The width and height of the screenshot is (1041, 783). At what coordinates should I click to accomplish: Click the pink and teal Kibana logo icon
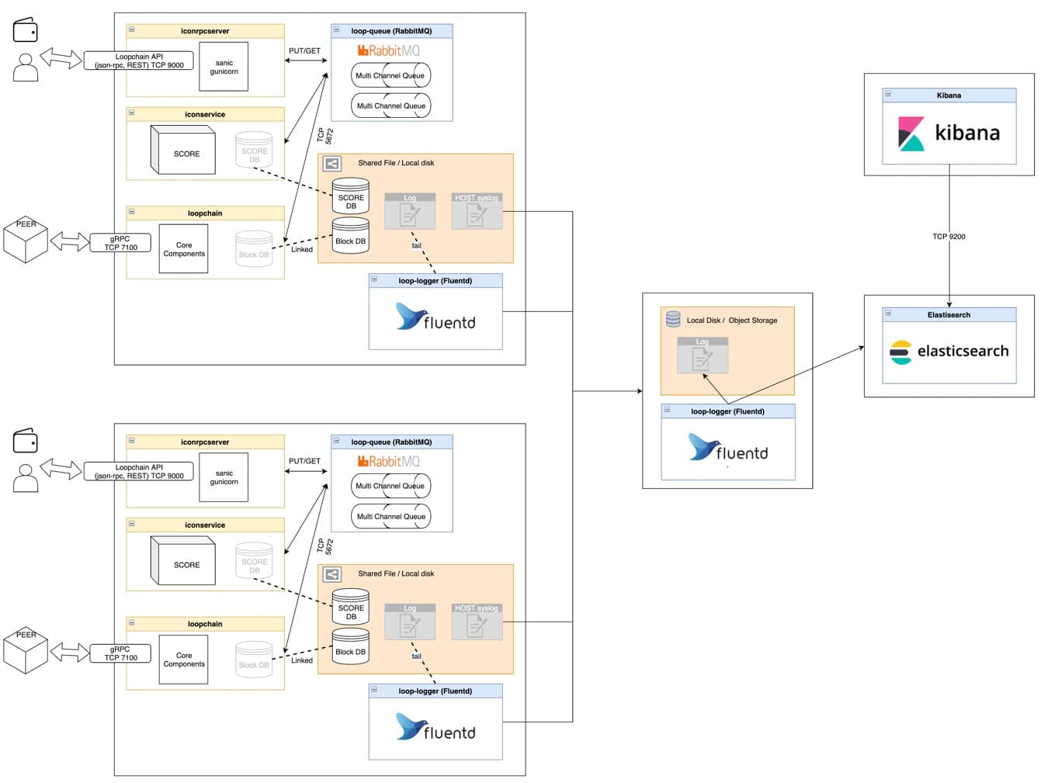pos(911,133)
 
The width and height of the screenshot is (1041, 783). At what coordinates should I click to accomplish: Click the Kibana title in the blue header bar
pos(949,95)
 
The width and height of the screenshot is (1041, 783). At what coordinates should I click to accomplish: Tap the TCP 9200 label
pos(949,237)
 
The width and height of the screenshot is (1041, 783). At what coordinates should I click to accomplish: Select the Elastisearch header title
pos(949,315)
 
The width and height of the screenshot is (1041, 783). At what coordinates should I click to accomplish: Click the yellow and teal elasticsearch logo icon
pos(900,352)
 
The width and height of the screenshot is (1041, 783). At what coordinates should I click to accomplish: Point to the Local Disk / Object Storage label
pos(732,320)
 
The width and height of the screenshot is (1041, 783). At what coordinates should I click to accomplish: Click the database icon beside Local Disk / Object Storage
pos(672,320)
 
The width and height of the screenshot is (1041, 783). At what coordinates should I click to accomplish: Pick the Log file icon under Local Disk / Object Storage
pos(702,355)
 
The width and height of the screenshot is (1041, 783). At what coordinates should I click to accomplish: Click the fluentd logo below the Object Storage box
pos(727,447)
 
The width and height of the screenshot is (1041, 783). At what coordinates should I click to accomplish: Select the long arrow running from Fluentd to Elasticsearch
pos(796,376)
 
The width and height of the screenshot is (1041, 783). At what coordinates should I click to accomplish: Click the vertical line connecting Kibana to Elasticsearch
pos(949,236)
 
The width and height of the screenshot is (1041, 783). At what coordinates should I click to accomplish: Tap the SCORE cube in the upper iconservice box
pos(182,150)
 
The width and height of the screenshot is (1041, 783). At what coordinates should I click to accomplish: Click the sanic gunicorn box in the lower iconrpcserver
pos(224,477)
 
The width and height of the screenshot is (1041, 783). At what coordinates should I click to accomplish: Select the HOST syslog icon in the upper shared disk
pos(476,211)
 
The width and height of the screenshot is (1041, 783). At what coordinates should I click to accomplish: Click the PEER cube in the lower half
pos(26,650)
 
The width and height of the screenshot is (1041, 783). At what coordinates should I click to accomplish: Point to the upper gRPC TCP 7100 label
pos(120,243)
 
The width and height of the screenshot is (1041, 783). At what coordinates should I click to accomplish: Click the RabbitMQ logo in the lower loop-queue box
pos(388,461)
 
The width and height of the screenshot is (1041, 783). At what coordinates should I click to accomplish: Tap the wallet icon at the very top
pos(25,29)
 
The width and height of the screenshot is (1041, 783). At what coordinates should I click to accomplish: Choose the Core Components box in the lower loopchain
pos(183,660)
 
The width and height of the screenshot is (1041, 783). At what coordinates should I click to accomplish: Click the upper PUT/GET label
pos(304,50)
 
